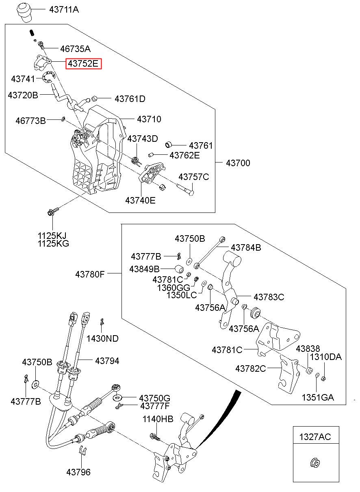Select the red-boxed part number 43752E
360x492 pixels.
pyautogui.click(x=83, y=64)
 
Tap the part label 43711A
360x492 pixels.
pyautogui.click(x=64, y=10)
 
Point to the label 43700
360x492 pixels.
pyautogui.click(x=238, y=163)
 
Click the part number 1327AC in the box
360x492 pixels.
pyautogui.click(x=315, y=437)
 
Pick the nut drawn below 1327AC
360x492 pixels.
pyautogui.click(x=315, y=463)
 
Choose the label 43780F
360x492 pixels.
pyautogui.click(x=90, y=274)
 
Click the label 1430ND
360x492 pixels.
pyautogui.click(x=102, y=338)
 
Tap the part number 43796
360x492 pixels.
pyautogui.click(x=78, y=472)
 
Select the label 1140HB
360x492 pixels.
pyautogui.click(x=158, y=419)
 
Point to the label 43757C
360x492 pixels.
pyautogui.click(x=193, y=177)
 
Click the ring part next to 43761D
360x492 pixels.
pyautogui.click(x=94, y=99)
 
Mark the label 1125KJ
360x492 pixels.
pyautogui.click(x=52, y=236)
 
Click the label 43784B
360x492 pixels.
pyautogui.click(x=246, y=247)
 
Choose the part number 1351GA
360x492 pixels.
pyautogui.click(x=318, y=398)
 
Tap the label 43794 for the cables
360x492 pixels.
pyautogui.click(x=107, y=361)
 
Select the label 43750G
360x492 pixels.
pyautogui.click(x=155, y=398)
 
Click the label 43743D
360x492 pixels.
pyautogui.click(x=143, y=139)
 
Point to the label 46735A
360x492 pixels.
pyautogui.click(x=75, y=49)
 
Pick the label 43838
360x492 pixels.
pyautogui.click(x=308, y=349)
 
